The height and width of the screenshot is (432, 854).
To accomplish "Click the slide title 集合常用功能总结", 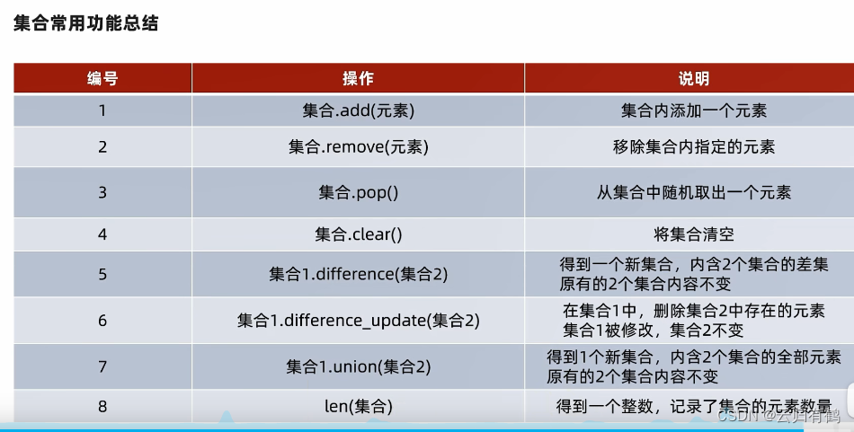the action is [85, 22].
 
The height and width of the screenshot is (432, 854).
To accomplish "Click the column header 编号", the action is [102, 78].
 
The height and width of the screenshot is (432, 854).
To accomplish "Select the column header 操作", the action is [358, 78].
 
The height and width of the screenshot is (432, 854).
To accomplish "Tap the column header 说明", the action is [693, 78].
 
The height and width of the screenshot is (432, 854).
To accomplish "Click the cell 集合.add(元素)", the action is [359, 110].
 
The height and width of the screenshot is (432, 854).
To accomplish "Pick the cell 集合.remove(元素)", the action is [359, 146].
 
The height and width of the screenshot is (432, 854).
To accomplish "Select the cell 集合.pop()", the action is [359, 192].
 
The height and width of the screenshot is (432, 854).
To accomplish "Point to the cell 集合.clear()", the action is [359, 234].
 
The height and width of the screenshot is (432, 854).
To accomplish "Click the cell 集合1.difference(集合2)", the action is [359, 274].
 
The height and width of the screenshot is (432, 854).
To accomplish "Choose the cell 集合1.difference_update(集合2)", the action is [359, 320].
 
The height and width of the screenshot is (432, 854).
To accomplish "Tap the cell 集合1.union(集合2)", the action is [359, 366].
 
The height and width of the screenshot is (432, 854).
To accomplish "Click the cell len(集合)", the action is [359, 406].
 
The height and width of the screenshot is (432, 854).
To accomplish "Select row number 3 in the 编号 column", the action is [102, 192].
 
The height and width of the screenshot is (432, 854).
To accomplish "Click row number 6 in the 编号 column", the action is [102, 320].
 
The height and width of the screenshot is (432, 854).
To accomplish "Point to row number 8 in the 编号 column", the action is [102, 406].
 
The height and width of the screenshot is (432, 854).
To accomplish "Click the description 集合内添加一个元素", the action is [694, 110].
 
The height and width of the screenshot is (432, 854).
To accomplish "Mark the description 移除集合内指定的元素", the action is [694, 146].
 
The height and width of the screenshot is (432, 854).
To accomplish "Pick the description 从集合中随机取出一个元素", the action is [694, 192].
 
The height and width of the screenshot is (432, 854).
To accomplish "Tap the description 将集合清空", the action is [694, 234].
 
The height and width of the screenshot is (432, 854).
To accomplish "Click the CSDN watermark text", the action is [778, 416].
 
